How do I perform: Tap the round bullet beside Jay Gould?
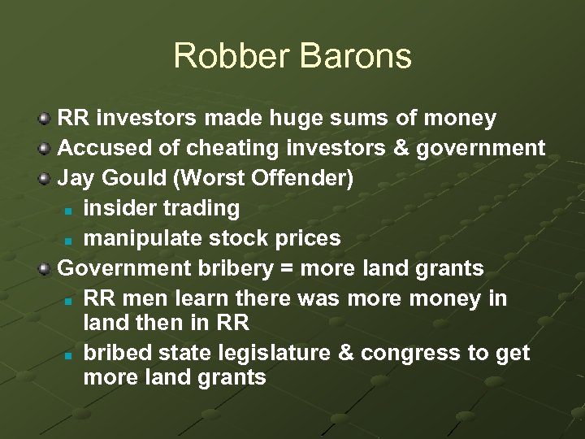coord(46,178)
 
